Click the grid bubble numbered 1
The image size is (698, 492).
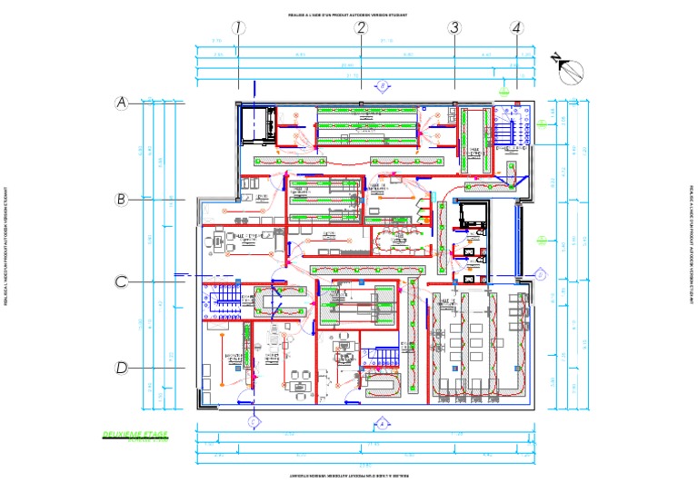238,28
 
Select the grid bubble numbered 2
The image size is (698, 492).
361,28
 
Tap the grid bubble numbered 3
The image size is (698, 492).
454,28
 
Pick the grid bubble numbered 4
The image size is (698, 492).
517,28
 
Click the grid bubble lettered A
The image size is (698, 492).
122,103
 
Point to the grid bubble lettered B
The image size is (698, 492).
122,199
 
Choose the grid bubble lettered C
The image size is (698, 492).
122,281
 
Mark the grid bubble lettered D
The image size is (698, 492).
122,368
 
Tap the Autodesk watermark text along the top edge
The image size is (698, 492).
348,15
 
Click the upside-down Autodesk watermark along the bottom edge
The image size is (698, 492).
348,476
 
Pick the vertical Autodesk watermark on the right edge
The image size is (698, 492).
692,246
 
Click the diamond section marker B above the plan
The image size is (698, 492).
384,84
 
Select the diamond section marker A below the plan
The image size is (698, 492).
384,422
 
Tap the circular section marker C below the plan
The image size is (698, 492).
254,420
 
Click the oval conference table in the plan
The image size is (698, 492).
401,241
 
